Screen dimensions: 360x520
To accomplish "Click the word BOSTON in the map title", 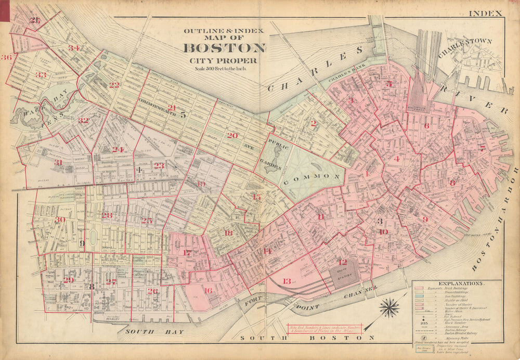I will click(224, 48).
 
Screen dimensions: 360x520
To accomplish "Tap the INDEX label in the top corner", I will click(485, 13).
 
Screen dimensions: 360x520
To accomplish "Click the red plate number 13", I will click(287, 281).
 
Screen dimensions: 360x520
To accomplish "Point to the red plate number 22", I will click(114, 85).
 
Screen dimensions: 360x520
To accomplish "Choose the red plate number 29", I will click(69, 280).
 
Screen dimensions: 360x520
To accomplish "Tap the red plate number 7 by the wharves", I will click(482, 148).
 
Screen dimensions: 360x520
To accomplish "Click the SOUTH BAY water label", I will click(142, 330).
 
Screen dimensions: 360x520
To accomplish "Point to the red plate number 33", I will click(41, 75).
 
